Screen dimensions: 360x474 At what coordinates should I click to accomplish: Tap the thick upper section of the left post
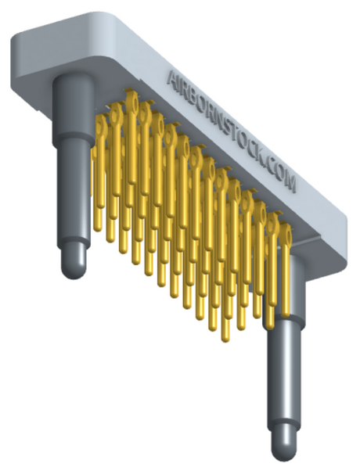(x=74, y=109)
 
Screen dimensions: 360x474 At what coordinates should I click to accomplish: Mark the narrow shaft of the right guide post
(x=284, y=375)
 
